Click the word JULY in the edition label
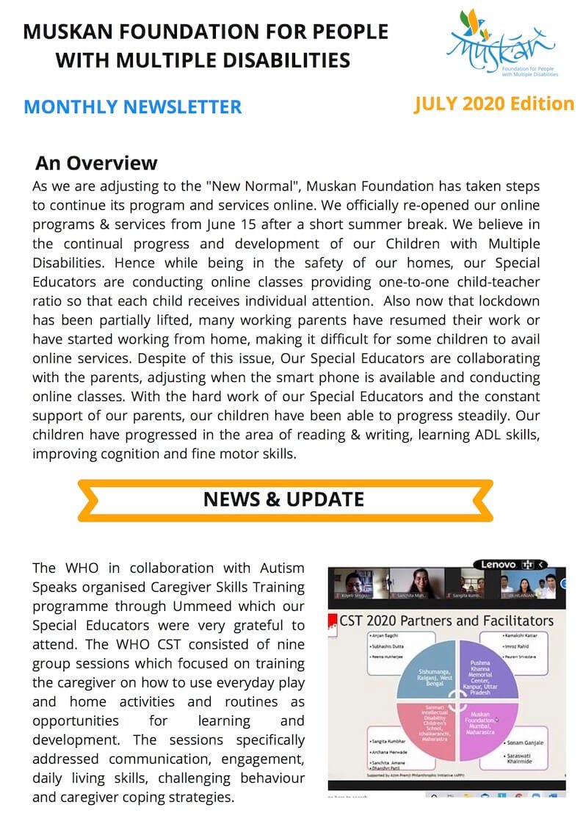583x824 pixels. click(x=438, y=104)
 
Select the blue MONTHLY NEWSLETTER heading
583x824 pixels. click(x=132, y=107)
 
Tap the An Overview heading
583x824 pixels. click(x=96, y=162)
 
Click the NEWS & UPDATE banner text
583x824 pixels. click(x=283, y=500)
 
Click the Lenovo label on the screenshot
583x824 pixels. click(x=499, y=564)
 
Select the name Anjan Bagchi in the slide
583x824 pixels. click(x=388, y=635)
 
